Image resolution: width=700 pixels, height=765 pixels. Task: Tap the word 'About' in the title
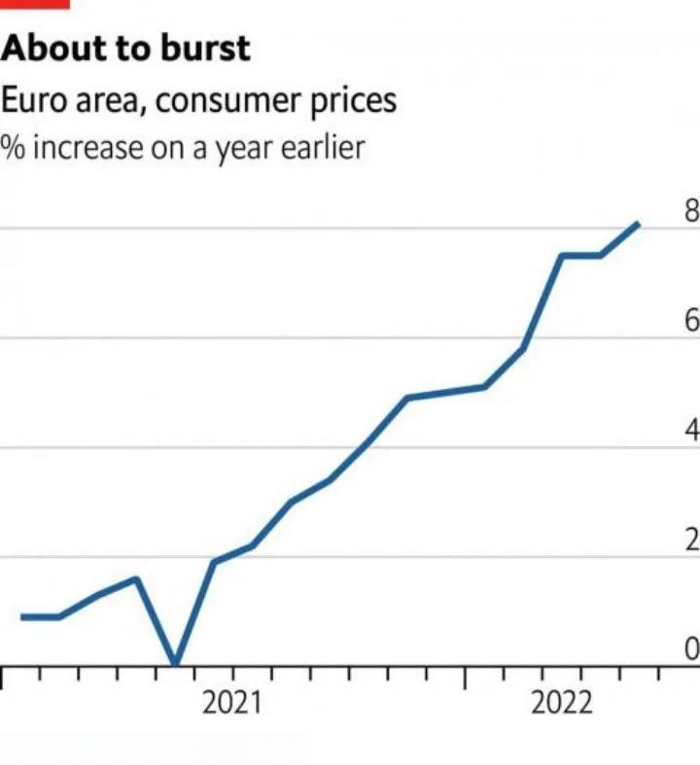tap(50, 49)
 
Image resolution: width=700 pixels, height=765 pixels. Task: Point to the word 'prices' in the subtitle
tap(348, 101)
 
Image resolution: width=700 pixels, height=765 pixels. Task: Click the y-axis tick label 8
tap(691, 212)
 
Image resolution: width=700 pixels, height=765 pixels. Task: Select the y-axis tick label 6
tap(691, 322)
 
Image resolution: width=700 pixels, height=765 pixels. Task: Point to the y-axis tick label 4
tap(691, 432)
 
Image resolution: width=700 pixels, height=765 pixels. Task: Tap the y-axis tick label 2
tap(691, 541)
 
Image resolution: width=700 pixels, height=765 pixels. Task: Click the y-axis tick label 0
tap(691, 649)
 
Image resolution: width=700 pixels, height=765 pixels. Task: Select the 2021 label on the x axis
tap(232, 703)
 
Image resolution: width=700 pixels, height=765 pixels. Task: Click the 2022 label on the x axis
tap(561, 703)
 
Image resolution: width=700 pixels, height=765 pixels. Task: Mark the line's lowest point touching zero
tap(175, 665)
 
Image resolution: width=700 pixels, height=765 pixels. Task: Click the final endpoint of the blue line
tap(638, 225)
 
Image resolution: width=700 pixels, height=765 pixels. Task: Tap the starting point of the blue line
tap(22, 616)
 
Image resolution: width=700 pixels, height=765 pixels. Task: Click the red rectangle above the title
tap(35, 4)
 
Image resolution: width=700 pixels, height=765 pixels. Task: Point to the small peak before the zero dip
tap(136, 579)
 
